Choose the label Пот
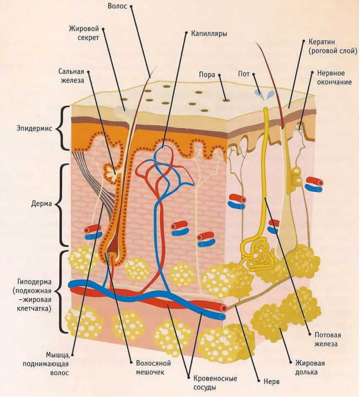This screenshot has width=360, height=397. [x=244, y=74]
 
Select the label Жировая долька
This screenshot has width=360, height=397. [x=309, y=367]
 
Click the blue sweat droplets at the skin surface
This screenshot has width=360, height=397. [x=263, y=95]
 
